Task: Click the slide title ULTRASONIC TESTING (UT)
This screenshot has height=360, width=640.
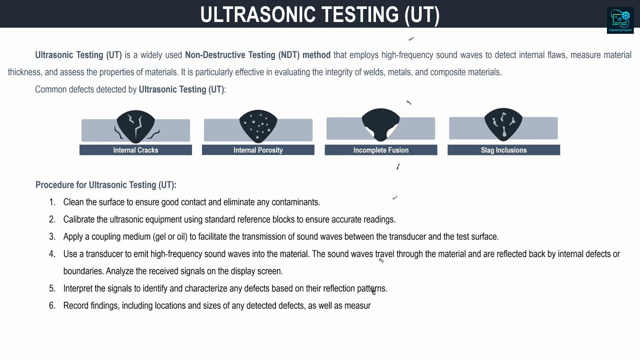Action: pyautogui.click(x=320, y=14)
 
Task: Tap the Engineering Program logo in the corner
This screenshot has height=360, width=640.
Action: pyautogui.click(x=620, y=20)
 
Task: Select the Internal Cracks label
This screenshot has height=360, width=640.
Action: pyautogui.click(x=135, y=150)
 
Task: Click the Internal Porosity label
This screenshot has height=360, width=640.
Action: pyautogui.click(x=258, y=150)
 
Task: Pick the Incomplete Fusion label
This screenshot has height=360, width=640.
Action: pyautogui.click(x=381, y=150)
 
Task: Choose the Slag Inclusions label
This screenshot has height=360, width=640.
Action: pyautogui.click(x=503, y=150)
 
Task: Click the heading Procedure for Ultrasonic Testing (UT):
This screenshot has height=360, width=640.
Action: pyautogui.click(x=106, y=185)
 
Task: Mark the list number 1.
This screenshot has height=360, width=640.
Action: pyautogui.click(x=52, y=202)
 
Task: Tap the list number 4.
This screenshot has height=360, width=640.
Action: pyautogui.click(x=52, y=254)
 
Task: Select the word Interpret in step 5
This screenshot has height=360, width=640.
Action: pyautogui.click(x=78, y=288)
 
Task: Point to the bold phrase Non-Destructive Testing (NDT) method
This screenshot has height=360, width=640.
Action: pyautogui.click(x=257, y=55)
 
